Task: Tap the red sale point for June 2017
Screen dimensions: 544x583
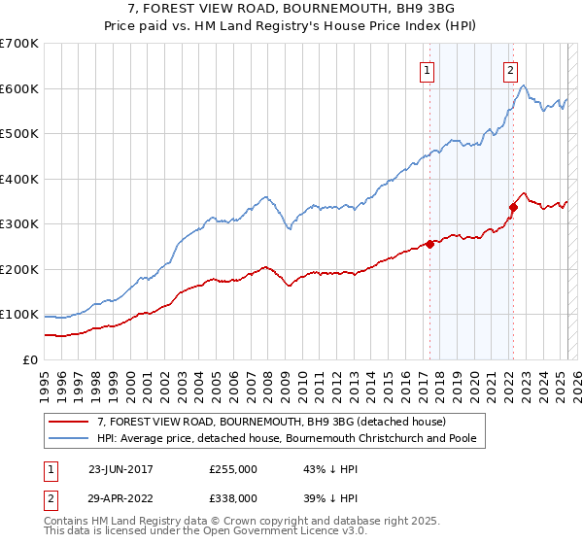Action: tap(429, 245)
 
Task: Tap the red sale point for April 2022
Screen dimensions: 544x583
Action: tap(513, 207)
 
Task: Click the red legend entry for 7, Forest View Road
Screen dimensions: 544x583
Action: tap(271, 422)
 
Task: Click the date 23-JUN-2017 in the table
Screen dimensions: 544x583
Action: tap(120, 468)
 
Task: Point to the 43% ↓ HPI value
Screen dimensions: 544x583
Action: tap(325, 468)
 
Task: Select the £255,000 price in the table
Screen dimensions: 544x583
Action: tap(233, 468)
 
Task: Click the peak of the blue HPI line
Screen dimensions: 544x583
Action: tap(523, 86)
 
